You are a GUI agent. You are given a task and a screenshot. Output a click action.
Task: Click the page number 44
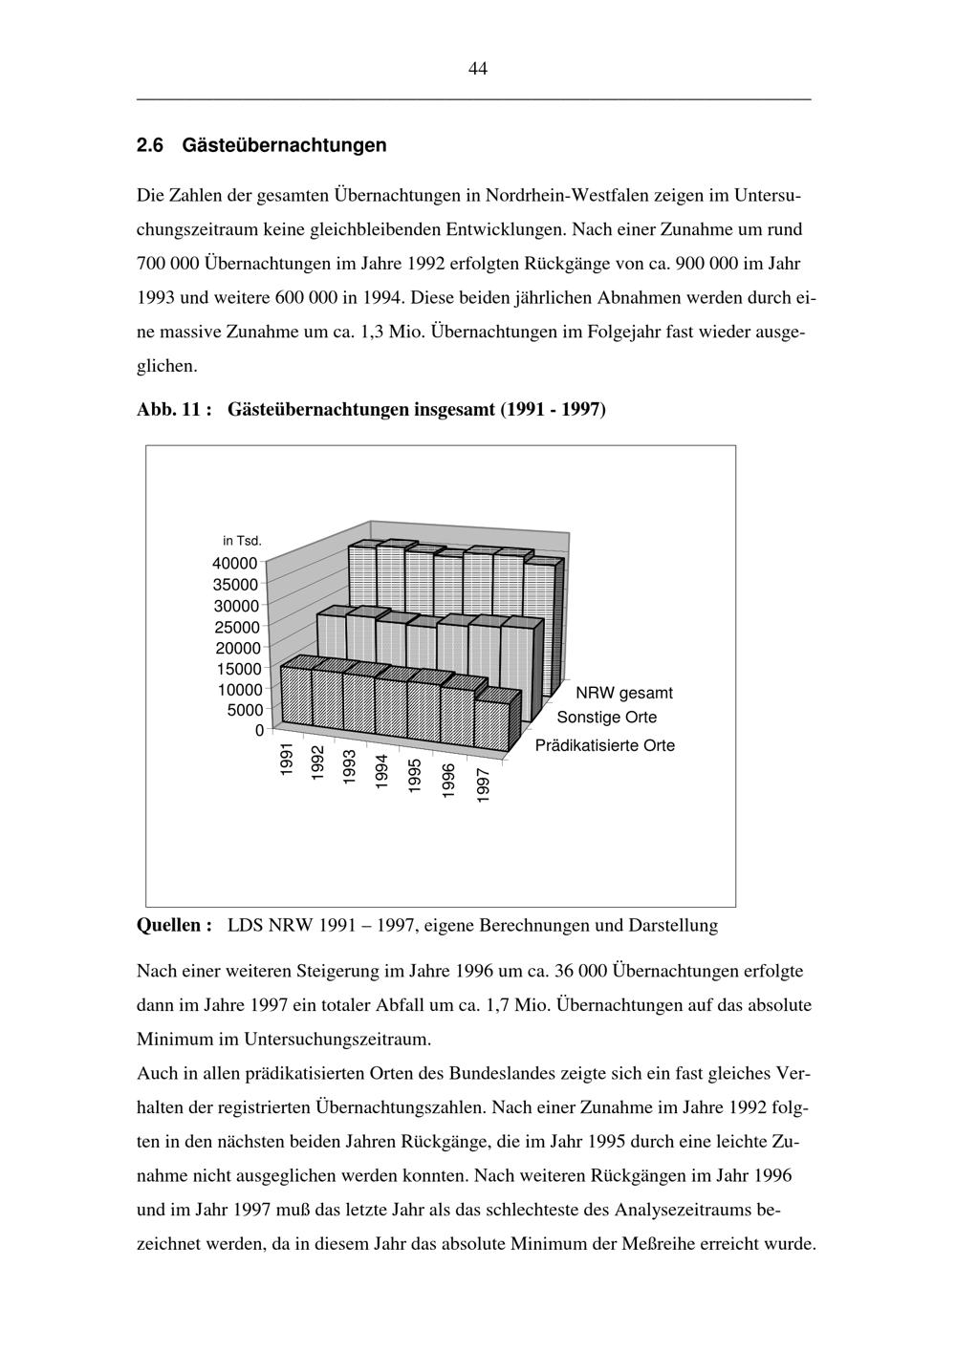tap(478, 68)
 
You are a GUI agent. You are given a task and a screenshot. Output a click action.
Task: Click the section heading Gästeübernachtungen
tap(284, 145)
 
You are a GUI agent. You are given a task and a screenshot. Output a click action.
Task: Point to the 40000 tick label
tap(235, 564)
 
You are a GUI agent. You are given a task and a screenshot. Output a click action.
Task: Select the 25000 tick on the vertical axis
tap(235, 627)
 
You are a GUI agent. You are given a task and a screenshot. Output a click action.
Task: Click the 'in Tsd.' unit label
tap(242, 542)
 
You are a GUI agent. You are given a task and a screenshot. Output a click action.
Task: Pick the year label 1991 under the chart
tap(287, 761)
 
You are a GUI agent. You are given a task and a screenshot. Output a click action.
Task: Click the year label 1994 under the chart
tap(381, 771)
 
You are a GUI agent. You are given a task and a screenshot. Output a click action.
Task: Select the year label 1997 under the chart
tap(483, 785)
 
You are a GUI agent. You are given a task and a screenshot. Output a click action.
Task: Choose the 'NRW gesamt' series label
tap(623, 693)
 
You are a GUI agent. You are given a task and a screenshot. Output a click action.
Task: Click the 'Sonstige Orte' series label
tap(607, 718)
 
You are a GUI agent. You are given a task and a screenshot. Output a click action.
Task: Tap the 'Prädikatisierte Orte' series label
tap(604, 745)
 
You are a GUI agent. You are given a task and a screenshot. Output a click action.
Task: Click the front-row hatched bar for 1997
tap(492, 724)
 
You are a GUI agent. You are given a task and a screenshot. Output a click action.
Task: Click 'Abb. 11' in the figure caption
tap(168, 409)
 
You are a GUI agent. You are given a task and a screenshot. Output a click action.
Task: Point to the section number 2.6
tap(150, 145)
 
